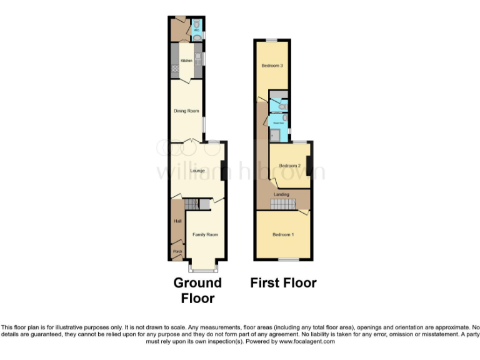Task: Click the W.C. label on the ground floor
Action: [x=196, y=30]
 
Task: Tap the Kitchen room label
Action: [x=186, y=61]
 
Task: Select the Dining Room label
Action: [x=186, y=111]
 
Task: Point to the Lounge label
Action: [x=197, y=170]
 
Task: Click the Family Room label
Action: [x=205, y=234]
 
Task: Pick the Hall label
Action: [x=177, y=221]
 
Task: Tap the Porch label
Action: [x=178, y=252]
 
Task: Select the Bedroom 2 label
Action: [x=290, y=166]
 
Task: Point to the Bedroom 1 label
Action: [x=283, y=234]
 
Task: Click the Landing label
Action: [x=281, y=194]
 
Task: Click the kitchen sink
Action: [x=197, y=61]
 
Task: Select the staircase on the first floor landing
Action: [x=281, y=204]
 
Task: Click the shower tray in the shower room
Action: [x=276, y=134]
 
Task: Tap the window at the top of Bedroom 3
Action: [x=271, y=40]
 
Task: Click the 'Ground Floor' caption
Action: [x=197, y=290]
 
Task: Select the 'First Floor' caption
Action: [x=283, y=282]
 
